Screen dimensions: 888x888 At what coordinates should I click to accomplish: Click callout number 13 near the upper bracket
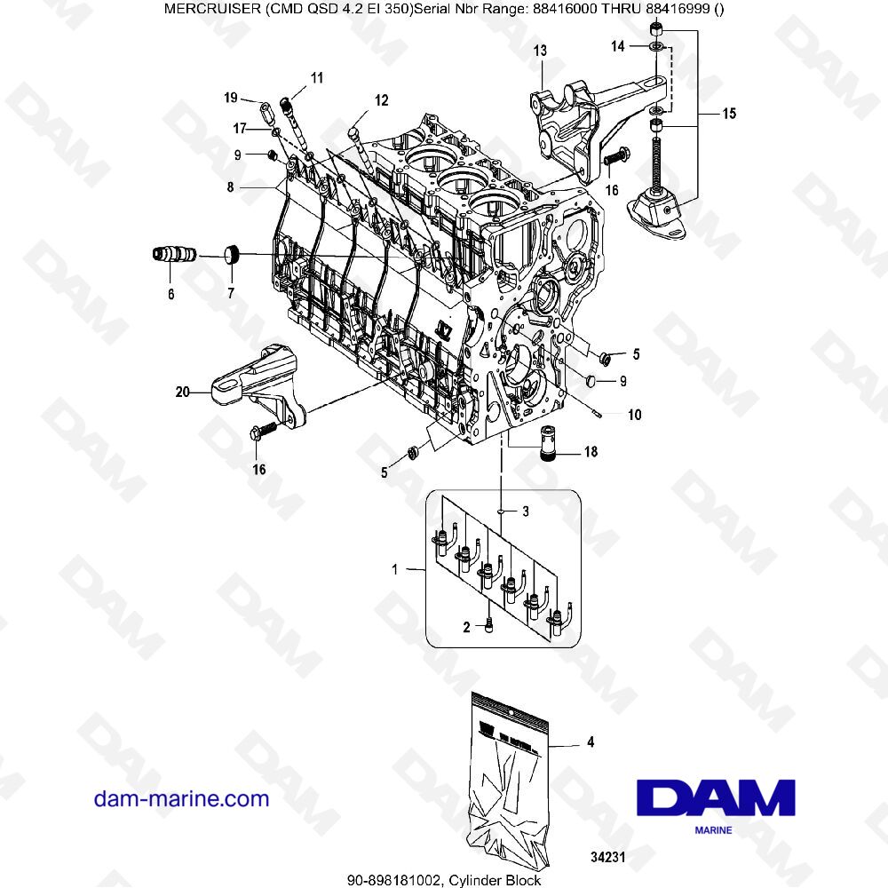click(x=540, y=52)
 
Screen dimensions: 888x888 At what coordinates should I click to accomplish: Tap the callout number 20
click(x=182, y=389)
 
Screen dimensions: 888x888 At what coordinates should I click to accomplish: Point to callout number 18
click(x=591, y=452)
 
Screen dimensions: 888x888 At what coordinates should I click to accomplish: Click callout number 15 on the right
click(x=728, y=113)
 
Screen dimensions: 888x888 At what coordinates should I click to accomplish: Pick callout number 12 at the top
click(x=381, y=100)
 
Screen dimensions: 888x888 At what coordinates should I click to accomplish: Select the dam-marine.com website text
click(x=181, y=798)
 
